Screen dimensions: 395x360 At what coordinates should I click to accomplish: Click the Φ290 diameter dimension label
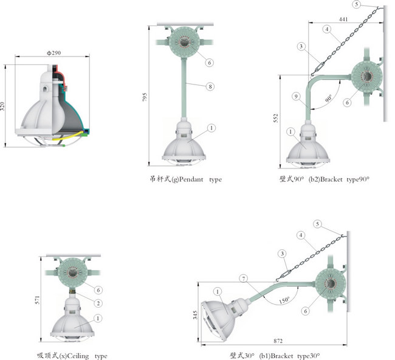(53, 53)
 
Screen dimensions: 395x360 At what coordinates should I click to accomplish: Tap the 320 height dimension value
(2, 106)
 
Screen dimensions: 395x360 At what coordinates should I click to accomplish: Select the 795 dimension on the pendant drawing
(145, 97)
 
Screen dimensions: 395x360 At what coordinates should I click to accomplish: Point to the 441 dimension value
(343, 19)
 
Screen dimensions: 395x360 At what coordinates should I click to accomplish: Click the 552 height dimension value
(276, 118)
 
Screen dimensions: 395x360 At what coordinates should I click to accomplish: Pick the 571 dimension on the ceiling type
(37, 300)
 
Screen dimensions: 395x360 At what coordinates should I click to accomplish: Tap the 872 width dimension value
(278, 341)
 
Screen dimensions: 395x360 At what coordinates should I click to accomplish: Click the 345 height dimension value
(195, 315)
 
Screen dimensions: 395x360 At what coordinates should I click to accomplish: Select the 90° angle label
(329, 98)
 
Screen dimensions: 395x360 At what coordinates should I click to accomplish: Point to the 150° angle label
(284, 300)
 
